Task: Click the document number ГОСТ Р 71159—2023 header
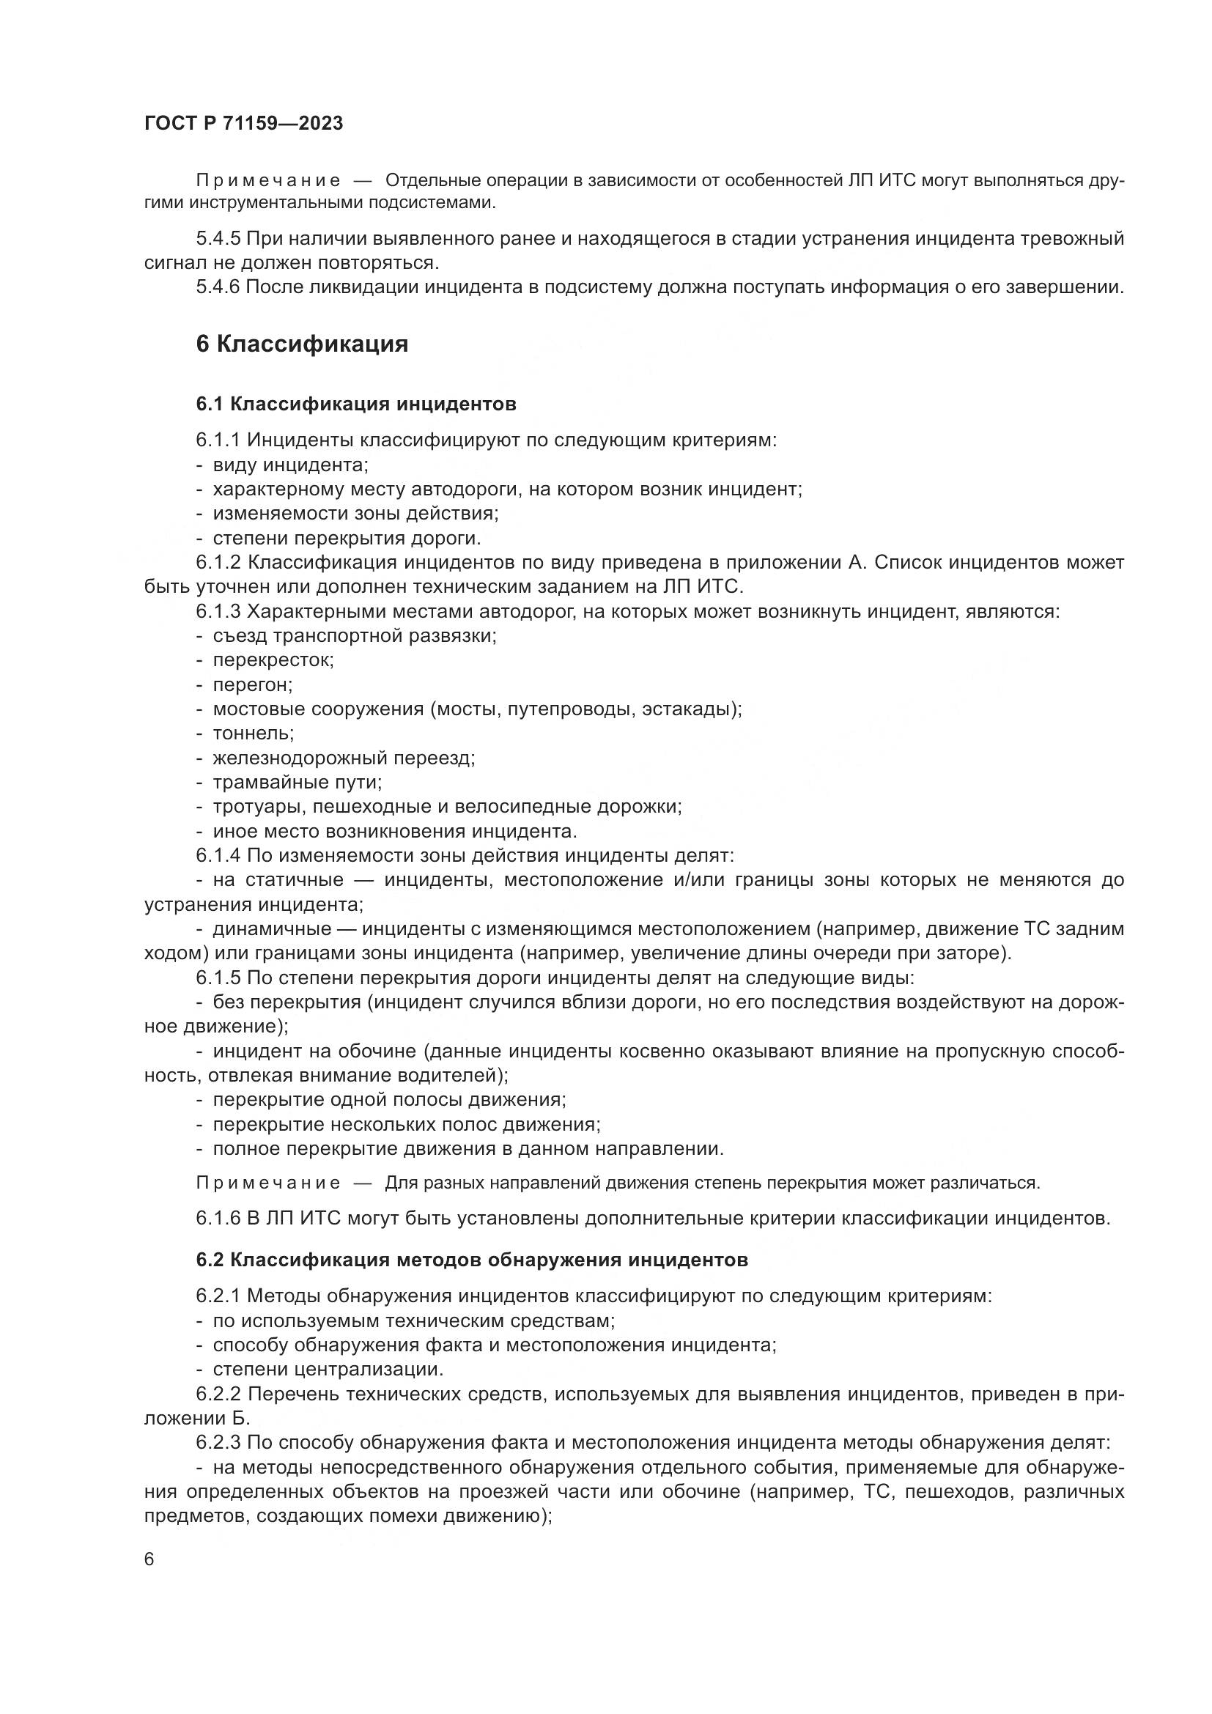(243, 123)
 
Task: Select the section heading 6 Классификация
(301, 344)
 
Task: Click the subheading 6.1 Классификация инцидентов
(356, 404)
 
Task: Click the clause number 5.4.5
(218, 239)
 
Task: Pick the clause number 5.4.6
(218, 287)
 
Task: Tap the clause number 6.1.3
(218, 611)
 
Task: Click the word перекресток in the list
(273, 660)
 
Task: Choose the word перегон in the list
(252, 684)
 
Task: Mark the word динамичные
(272, 928)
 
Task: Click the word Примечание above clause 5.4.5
(268, 181)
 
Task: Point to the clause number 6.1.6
(218, 1219)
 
